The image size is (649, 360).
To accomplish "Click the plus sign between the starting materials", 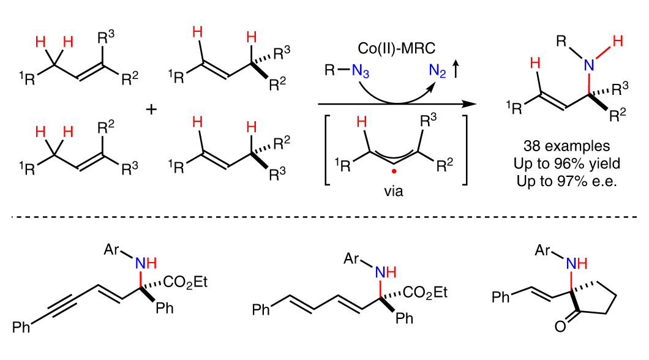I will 151,110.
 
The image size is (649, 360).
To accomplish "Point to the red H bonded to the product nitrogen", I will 618,42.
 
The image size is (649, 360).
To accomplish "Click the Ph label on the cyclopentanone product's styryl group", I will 501,298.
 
